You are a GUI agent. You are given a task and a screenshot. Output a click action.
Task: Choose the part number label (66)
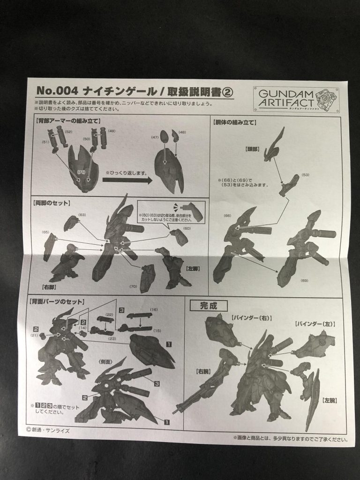[227, 216]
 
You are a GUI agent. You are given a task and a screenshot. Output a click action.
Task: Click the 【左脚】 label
[192, 255]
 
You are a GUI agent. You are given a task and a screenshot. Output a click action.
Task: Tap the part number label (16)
[153, 310]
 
